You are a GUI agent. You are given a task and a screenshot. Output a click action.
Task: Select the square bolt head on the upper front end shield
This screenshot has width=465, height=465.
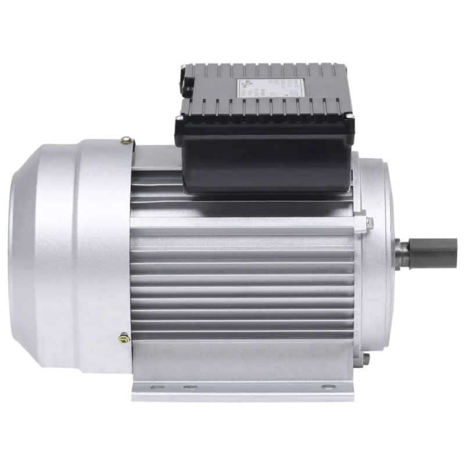click(x=369, y=221)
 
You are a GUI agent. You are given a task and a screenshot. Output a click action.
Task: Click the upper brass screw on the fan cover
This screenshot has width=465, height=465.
click(x=126, y=140)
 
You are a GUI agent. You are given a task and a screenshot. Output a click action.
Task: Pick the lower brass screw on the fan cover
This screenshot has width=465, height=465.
click(x=124, y=337)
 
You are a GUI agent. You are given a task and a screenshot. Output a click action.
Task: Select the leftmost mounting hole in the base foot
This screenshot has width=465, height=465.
click(x=154, y=387)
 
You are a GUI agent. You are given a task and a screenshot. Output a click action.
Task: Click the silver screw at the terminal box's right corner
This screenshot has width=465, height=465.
click(x=350, y=117)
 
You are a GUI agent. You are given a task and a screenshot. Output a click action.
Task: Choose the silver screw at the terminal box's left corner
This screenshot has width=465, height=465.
click(x=180, y=118)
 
